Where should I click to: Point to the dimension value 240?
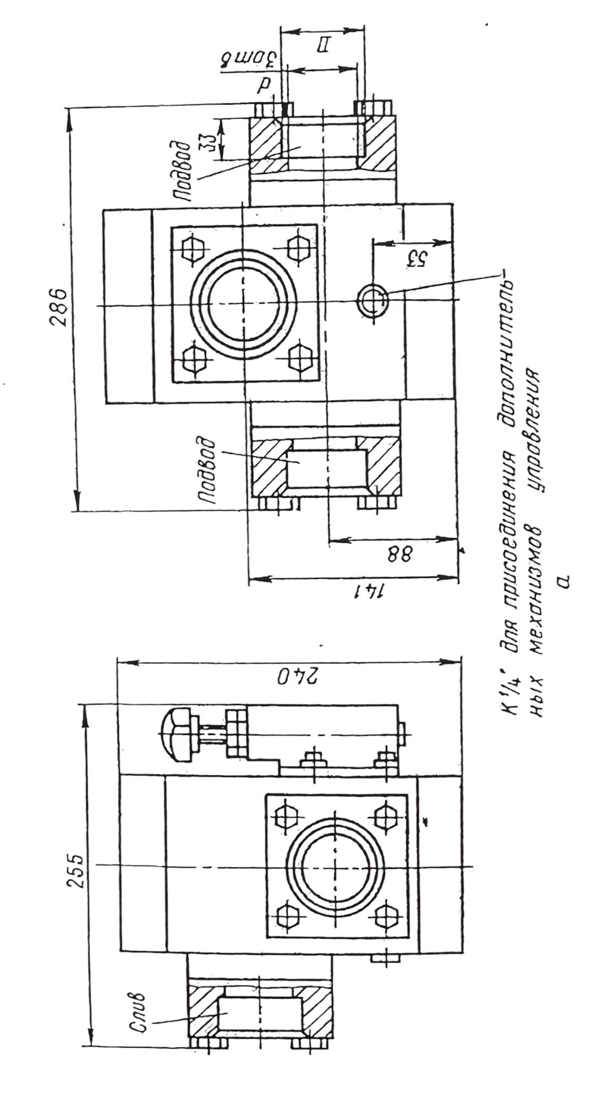tap(290, 677)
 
